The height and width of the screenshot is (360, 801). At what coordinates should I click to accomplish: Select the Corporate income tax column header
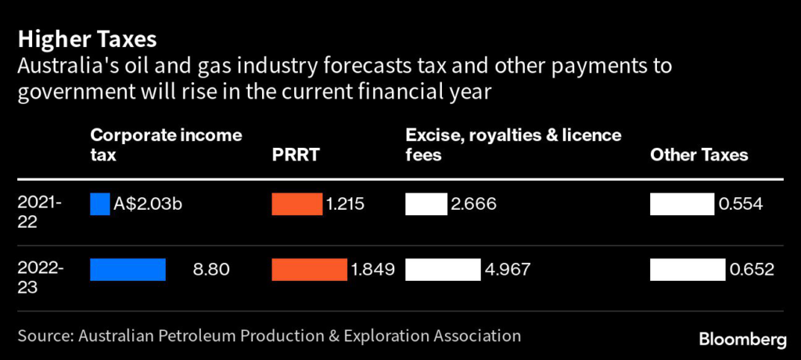[x=166, y=145]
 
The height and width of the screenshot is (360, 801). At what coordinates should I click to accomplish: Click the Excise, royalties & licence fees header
[x=513, y=145]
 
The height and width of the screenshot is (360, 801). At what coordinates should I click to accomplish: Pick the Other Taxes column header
[x=699, y=155]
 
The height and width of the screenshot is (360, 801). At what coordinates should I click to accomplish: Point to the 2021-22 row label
[x=39, y=212]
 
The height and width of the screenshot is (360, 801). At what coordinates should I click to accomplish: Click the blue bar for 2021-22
[x=100, y=204]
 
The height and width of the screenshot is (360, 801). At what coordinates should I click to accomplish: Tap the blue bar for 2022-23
[x=128, y=269]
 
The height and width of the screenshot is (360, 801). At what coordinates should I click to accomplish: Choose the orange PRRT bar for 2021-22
[x=296, y=204]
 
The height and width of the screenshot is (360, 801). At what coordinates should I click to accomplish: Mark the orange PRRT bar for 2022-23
[x=309, y=269]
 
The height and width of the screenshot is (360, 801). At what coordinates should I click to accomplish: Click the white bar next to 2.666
[x=426, y=204]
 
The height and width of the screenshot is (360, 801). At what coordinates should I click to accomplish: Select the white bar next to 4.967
[x=442, y=269]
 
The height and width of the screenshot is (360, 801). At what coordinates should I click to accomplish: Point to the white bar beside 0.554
[x=681, y=204]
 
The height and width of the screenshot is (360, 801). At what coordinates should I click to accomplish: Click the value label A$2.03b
[x=149, y=204]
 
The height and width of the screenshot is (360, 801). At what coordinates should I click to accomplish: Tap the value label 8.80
[x=211, y=270]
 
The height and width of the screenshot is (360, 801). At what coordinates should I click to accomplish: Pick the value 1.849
[x=373, y=270]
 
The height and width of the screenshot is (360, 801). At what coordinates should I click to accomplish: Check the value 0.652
[x=752, y=270]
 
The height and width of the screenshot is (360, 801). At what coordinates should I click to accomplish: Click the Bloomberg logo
[x=742, y=339]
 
